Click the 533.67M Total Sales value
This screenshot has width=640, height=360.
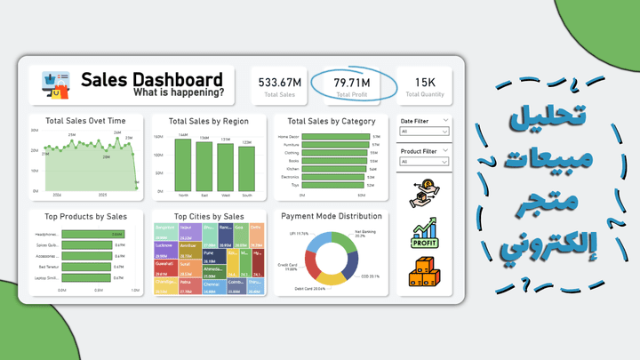[x=280, y=83]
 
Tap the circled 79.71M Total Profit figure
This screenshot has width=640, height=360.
[x=352, y=83]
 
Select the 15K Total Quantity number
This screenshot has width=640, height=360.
[x=425, y=83]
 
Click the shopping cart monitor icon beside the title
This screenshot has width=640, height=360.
[x=55, y=85]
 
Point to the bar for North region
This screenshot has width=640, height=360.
[x=182, y=165]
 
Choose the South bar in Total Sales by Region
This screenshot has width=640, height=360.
[x=246, y=169]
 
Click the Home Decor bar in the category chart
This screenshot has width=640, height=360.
[x=336, y=137]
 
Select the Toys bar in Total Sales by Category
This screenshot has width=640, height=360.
[x=336, y=184]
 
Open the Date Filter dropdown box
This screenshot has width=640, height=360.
[x=424, y=132]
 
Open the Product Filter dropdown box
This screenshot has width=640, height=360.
[x=424, y=162]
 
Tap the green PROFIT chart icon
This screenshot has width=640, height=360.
[x=425, y=235]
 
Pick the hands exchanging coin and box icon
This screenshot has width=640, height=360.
[x=425, y=195]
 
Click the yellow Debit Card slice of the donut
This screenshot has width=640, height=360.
[x=331, y=277]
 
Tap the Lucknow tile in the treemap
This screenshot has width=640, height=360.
[x=164, y=249]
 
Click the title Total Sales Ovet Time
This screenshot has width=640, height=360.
[x=85, y=121]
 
